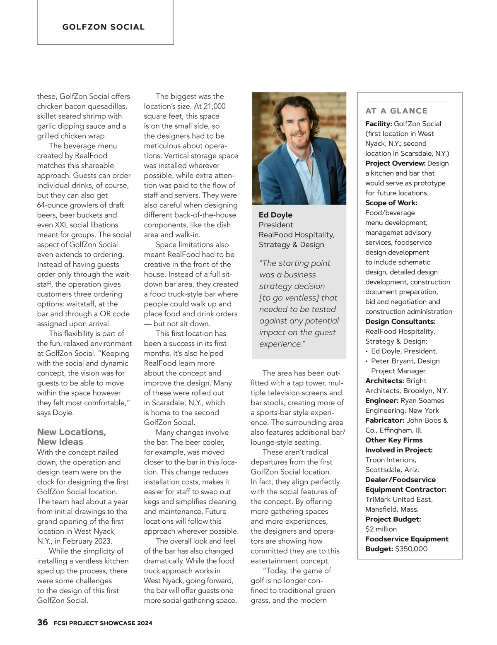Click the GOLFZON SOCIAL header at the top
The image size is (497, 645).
click(104, 27)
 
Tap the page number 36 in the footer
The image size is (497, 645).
click(42, 622)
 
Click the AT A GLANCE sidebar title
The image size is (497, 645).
click(396, 111)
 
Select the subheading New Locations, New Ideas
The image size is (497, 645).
click(72, 437)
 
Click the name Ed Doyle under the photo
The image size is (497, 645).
click(275, 215)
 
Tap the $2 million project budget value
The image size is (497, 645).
click(381, 529)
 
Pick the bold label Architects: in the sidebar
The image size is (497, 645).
click(384, 381)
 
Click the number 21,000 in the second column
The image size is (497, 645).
click(214, 106)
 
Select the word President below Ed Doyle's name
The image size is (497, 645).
click(276, 225)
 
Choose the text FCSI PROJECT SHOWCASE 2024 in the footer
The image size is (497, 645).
click(103, 623)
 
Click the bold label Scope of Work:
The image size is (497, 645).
click(391, 203)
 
